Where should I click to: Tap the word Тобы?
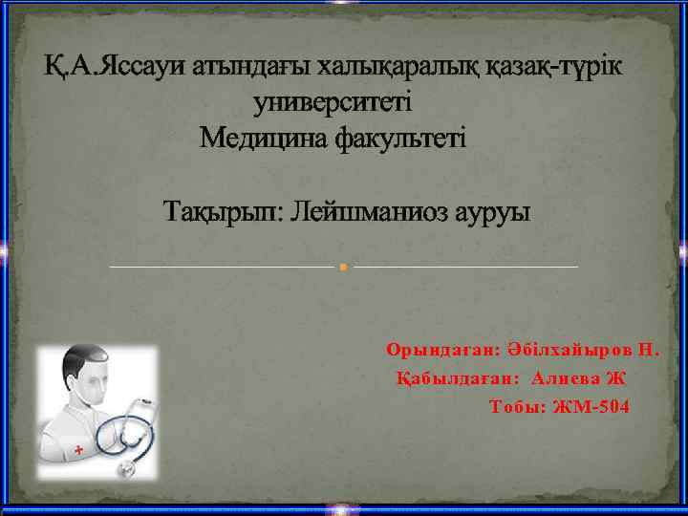(517, 407)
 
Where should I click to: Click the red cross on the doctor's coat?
(77, 448)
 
